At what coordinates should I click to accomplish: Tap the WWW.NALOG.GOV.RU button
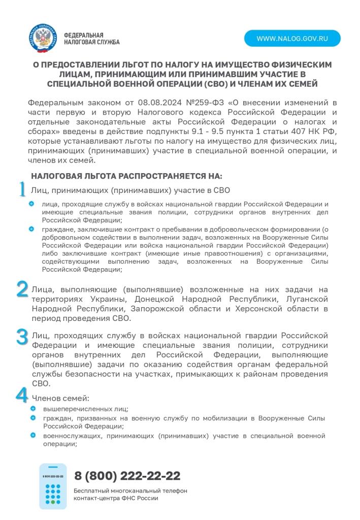point(292,39)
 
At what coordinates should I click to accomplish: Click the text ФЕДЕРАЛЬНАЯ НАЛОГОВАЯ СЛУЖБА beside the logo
point(91,39)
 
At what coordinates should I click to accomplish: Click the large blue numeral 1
point(22,189)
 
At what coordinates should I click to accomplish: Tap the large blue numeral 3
point(22,337)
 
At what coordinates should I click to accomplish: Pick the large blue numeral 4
point(22,395)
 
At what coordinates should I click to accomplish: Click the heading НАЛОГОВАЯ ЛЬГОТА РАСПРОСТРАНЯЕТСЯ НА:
point(126,176)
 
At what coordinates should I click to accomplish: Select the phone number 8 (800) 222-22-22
point(127,476)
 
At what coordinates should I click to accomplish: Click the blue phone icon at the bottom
point(53,486)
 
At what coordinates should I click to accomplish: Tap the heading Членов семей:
point(60,398)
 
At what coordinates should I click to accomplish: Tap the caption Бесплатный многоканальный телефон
point(130,491)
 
